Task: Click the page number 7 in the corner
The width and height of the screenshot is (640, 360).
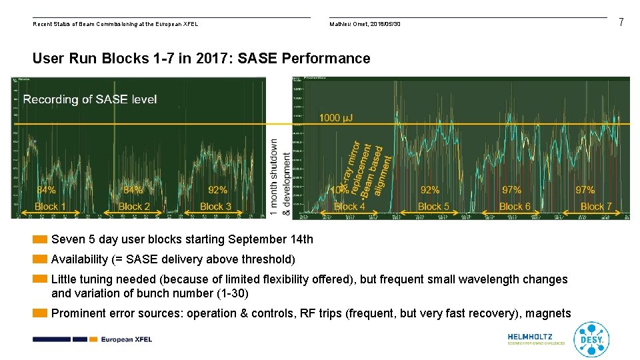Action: coord(621,23)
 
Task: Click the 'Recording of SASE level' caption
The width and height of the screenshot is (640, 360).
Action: coord(90,99)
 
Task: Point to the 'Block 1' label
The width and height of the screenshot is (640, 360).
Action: coord(50,207)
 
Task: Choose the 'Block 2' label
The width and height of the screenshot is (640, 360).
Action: coord(134,207)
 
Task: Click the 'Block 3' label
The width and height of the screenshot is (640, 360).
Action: coord(215,207)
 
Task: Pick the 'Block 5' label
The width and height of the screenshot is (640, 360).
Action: coord(433,207)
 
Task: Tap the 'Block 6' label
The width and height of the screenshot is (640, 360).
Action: coord(515,207)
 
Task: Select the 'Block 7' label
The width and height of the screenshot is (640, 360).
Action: coord(596,207)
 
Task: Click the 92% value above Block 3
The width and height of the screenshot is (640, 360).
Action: coord(217,191)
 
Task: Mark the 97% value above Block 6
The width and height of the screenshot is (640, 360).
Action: coord(511,191)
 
